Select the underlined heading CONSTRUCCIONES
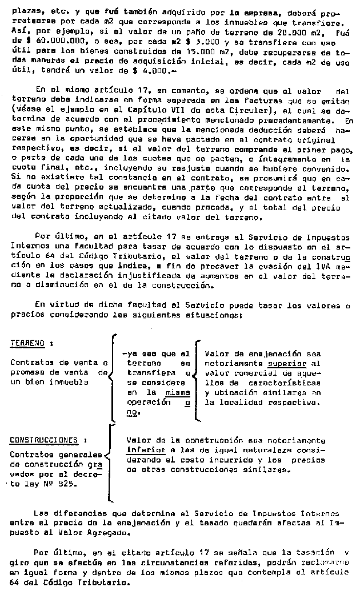tap(43, 440)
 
